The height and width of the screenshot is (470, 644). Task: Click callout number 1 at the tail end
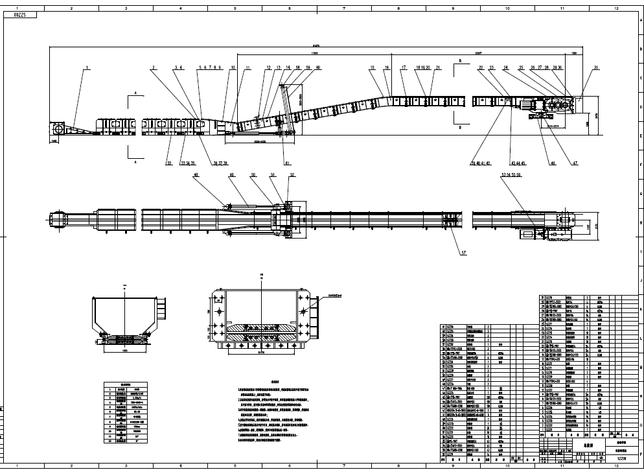click(x=84, y=67)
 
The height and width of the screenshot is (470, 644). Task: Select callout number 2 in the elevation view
click(x=154, y=67)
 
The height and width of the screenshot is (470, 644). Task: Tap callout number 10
click(x=233, y=67)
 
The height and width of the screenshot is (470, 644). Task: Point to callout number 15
click(x=373, y=67)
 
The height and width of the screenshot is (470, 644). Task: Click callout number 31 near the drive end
click(x=595, y=67)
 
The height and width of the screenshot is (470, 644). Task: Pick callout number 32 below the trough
click(x=168, y=163)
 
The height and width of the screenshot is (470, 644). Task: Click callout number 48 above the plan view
click(x=196, y=175)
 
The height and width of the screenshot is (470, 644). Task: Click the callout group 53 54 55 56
click(x=511, y=175)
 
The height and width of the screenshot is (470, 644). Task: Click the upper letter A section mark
click(x=135, y=93)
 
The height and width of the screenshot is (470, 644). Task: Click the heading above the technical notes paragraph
click(x=275, y=382)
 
